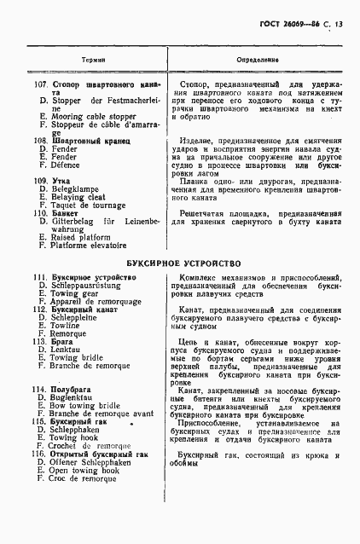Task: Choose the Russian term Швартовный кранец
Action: tap(91, 139)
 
